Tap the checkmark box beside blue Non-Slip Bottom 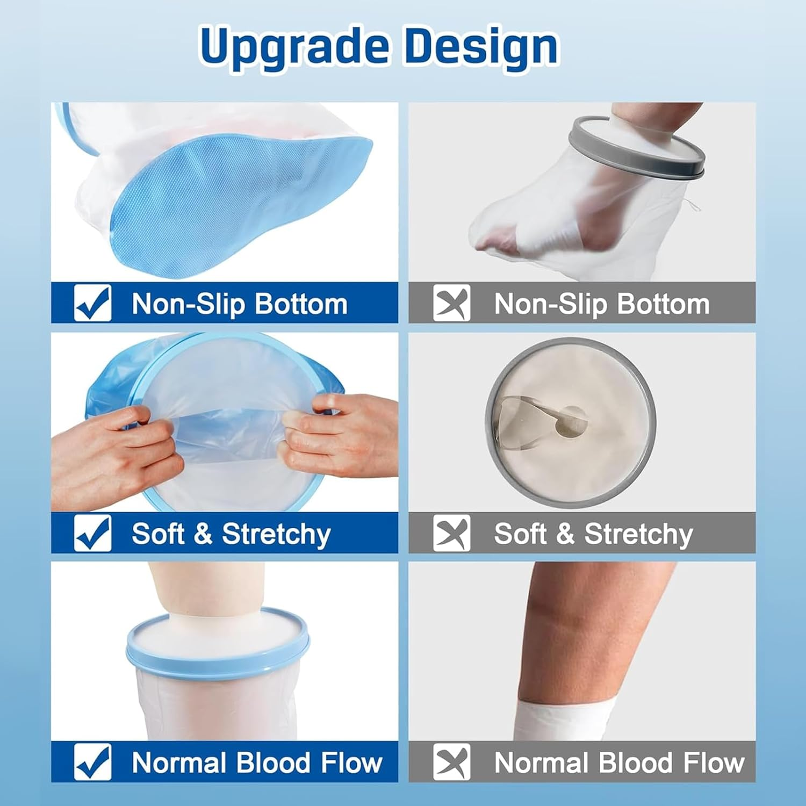(x=92, y=303)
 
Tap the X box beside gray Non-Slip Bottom (x=451, y=303)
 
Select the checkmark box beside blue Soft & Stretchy (x=92, y=533)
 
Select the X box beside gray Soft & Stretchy (x=451, y=533)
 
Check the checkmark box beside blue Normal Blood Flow (x=92, y=762)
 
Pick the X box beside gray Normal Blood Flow (x=451, y=762)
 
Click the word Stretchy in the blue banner (x=276, y=534)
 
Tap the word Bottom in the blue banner (x=301, y=304)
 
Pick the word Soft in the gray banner (x=520, y=534)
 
